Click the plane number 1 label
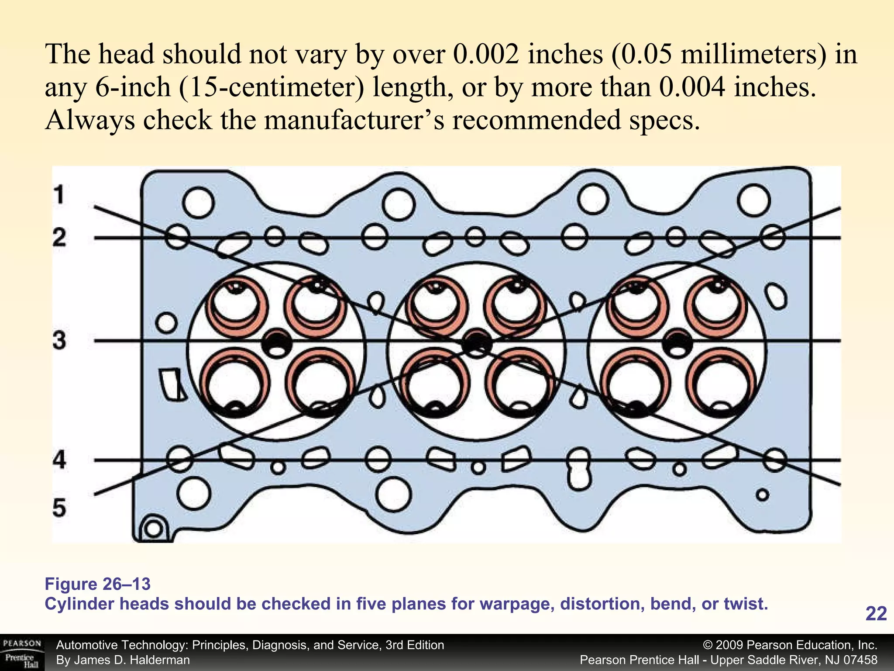[59, 195]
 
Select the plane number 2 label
[59, 238]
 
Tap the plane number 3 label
[59, 340]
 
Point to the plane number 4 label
[59, 460]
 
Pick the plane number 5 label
[59, 508]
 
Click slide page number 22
[876, 614]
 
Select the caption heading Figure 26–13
[98, 584]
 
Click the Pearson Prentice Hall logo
[22, 653]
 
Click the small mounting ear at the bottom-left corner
[154, 529]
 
